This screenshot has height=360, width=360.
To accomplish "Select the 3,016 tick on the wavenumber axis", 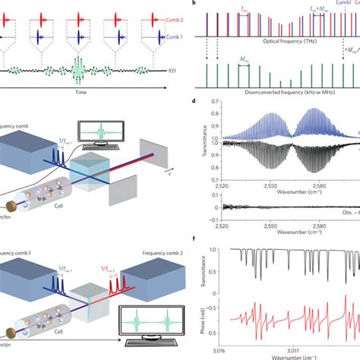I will (217, 351).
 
